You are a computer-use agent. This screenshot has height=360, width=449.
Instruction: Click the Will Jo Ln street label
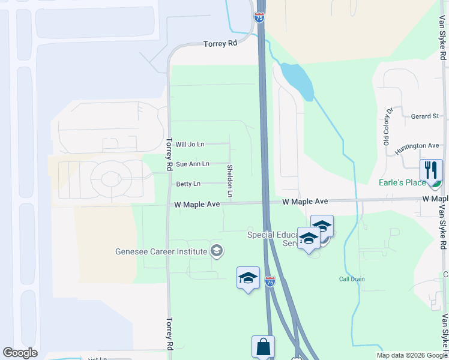coord(190,145)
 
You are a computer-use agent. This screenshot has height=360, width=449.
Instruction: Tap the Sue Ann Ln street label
coord(192,164)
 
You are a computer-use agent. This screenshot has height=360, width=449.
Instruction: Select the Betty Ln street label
coord(188,184)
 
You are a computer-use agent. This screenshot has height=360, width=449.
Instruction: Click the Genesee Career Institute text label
coord(161,251)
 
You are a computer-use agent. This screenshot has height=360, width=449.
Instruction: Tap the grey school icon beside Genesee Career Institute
coord(217,251)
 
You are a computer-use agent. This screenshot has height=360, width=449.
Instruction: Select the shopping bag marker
coord(263,347)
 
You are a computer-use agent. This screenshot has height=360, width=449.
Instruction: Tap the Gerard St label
coord(425,116)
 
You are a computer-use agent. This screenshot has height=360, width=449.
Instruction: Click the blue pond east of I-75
coord(298,80)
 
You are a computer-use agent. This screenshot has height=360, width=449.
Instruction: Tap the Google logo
coord(20,353)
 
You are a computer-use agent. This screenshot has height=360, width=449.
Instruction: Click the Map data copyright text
coord(411,355)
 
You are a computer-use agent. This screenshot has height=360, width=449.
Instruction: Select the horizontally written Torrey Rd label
coord(220,44)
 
